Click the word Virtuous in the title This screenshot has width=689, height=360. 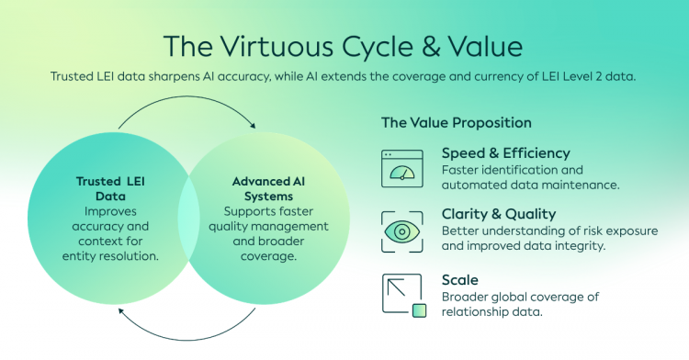pos(277,47)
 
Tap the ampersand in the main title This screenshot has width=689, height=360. pos(431,47)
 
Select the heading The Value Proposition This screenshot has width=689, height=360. pos(456,122)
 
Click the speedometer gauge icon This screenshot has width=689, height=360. pos(402,169)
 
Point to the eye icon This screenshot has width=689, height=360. pos(402,231)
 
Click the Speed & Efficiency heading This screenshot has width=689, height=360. pos(506,153)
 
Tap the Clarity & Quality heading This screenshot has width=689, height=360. pos(499,214)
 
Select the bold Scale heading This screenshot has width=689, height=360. pos(459,280)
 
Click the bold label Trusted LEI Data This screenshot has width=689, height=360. pos(110,189)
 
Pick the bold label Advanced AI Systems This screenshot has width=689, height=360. pos(268,189)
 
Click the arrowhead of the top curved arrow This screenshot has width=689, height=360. pos(253,126)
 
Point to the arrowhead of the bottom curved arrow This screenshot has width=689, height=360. pos(121,311)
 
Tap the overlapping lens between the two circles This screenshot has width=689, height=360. pos(189,219)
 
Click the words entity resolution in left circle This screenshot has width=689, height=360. pos(110,256)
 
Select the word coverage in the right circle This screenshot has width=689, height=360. pos(268,256)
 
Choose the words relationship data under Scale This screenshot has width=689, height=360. pos(492,311)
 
